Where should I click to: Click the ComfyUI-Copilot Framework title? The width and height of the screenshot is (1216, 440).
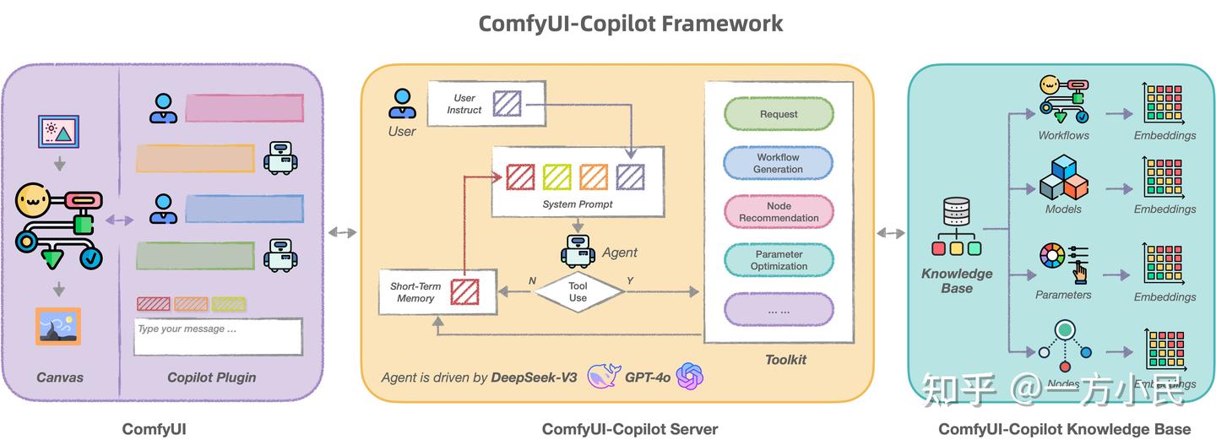pyautogui.click(x=630, y=23)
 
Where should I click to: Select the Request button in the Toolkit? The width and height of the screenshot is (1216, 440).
pyautogui.click(x=778, y=114)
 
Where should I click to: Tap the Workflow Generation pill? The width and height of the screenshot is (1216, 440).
pyautogui.click(x=778, y=163)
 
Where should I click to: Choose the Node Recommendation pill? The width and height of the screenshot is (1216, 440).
pyautogui.click(x=779, y=212)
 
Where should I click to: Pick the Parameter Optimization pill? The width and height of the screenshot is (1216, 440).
pyautogui.click(x=779, y=260)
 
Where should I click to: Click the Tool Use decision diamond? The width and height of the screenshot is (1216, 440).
pyautogui.click(x=578, y=292)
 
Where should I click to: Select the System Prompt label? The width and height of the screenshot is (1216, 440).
pyautogui.click(x=578, y=204)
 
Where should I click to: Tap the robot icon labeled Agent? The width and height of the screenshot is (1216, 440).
pyautogui.click(x=578, y=251)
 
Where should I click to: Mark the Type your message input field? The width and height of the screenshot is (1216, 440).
pyautogui.click(x=218, y=336)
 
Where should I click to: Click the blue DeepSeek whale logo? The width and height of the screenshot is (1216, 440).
pyautogui.click(x=604, y=375)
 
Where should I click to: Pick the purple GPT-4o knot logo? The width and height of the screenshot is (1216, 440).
pyautogui.click(x=690, y=376)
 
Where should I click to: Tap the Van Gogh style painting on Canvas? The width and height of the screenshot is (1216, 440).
pyautogui.click(x=58, y=327)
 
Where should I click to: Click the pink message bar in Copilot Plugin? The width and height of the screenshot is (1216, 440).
pyautogui.click(x=244, y=108)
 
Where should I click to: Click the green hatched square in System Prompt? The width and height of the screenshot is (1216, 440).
pyautogui.click(x=557, y=177)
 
